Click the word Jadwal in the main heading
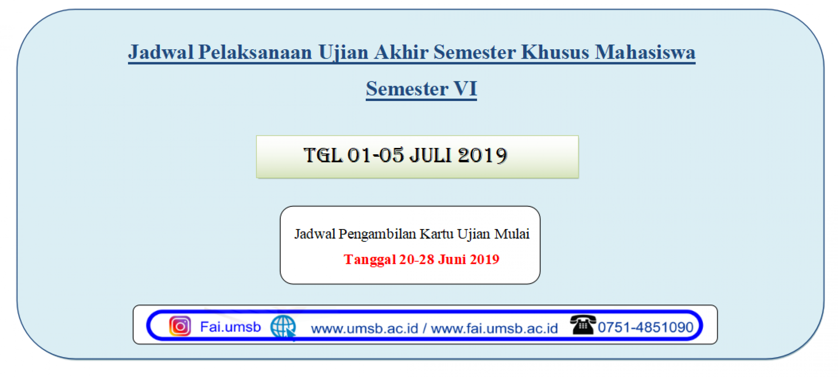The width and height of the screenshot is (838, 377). tap(161, 52)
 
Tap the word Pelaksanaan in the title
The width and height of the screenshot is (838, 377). tap(255, 52)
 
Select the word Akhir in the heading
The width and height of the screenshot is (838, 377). tap(401, 52)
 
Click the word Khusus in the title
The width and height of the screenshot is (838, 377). tap(555, 52)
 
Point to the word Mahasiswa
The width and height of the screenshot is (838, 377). tap(645, 52)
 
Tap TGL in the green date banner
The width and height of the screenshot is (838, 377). tap(323, 155)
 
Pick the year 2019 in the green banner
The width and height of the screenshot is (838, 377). tap(482, 155)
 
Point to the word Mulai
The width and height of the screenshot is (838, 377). tap(512, 234)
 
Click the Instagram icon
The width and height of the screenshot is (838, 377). tap(180, 326)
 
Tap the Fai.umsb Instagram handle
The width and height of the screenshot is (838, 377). tap(230, 327)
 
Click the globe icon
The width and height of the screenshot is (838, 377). tap(283, 327)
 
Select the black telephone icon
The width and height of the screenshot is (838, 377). tap(583, 325)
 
